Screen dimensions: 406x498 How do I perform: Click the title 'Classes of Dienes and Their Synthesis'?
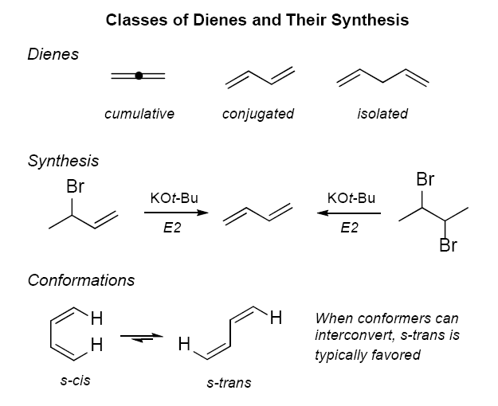[257, 21]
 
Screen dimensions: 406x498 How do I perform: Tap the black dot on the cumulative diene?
[139, 76]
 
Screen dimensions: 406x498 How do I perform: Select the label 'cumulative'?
[139, 114]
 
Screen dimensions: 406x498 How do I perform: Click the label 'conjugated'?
[258, 114]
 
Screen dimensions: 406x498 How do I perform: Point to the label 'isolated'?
[382, 114]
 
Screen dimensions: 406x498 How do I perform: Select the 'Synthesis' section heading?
[64, 161]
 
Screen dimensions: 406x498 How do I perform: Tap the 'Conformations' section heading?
[81, 280]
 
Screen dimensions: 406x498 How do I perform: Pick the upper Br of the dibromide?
[425, 181]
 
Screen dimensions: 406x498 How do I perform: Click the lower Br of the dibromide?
[448, 245]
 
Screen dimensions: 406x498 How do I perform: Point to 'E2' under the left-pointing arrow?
[349, 228]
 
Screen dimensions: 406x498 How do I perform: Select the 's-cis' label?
[76, 380]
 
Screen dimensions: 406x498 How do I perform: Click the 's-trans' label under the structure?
[229, 383]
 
